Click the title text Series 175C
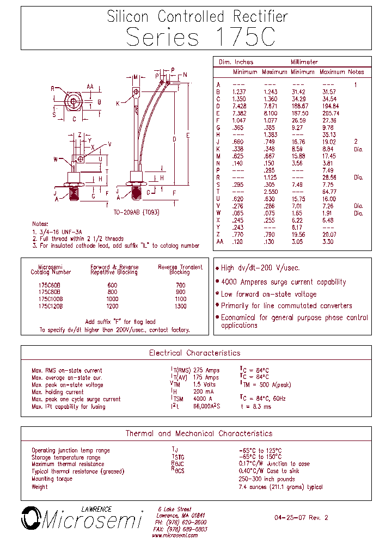coord(200,36)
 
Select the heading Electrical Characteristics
coord(194,353)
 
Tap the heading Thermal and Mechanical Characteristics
coord(199,434)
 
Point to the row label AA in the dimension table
coord(219,241)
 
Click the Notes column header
coord(356,72)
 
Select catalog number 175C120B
coord(51,306)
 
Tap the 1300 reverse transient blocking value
coord(180,306)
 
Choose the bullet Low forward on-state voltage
coord(268,294)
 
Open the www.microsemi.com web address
coord(175,536)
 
